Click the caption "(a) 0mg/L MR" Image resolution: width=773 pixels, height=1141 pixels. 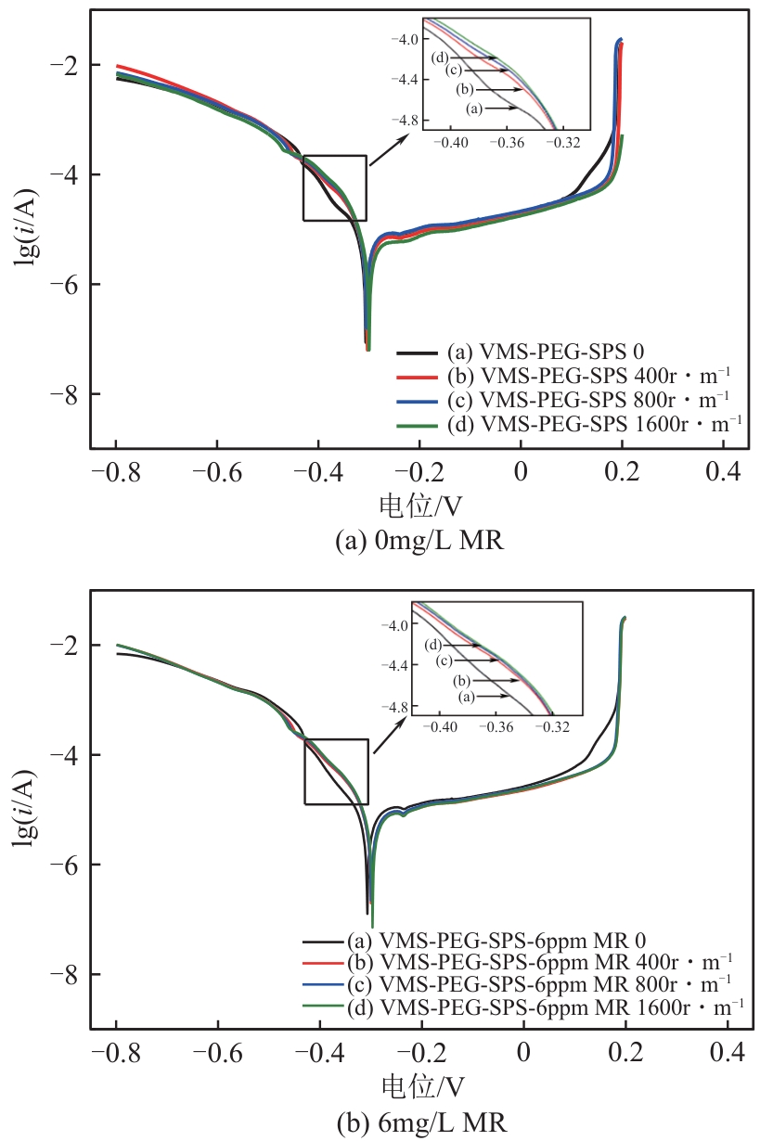pyautogui.click(x=419, y=540)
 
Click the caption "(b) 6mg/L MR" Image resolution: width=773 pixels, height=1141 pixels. pyautogui.click(x=419, y=1122)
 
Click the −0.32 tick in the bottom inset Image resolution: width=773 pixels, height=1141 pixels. pyautogui.click(x=554, y=725)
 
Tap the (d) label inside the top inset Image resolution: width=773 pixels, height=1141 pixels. pyautogui.click(x=441, y=58)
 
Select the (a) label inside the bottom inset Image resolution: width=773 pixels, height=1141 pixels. pyautogui.click(x=465, y=696)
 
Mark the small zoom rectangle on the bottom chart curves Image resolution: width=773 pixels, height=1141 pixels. pyautogui.click(x=337, y=771)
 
